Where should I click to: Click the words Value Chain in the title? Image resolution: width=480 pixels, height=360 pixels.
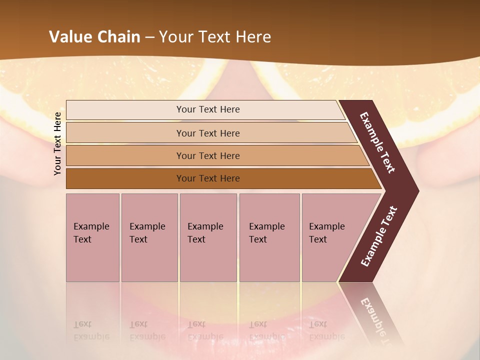[x=94, y=37]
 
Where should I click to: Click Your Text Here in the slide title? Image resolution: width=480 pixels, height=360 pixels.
[x=215, y=37]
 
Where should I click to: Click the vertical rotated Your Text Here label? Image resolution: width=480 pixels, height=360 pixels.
[x=57, y=143]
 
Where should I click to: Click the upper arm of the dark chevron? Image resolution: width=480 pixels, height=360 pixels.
[x=377, y=142]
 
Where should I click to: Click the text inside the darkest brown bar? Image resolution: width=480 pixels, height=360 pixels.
[x=208, y=178]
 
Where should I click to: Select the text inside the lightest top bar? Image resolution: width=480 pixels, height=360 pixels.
[x=208, y=109]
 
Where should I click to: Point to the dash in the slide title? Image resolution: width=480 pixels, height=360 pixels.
[x=149, y=37]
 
